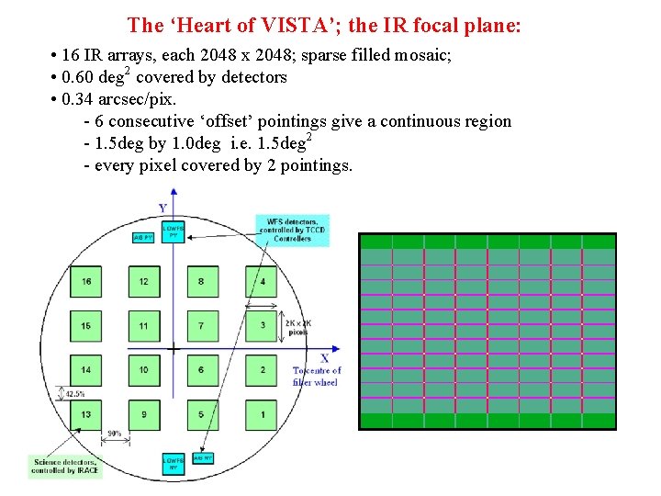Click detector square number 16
point(86,281)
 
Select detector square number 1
point(262,415)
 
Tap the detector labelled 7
point(202,326)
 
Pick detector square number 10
point(144,370)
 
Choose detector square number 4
point(262,281)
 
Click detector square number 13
point(86,415)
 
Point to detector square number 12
point(144,281)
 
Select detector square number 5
point(202,415)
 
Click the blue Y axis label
point(162,209)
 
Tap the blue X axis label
point(324,357)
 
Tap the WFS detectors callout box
point(293,230)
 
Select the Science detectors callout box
point(65,466)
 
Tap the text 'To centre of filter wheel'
point(316,377)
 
